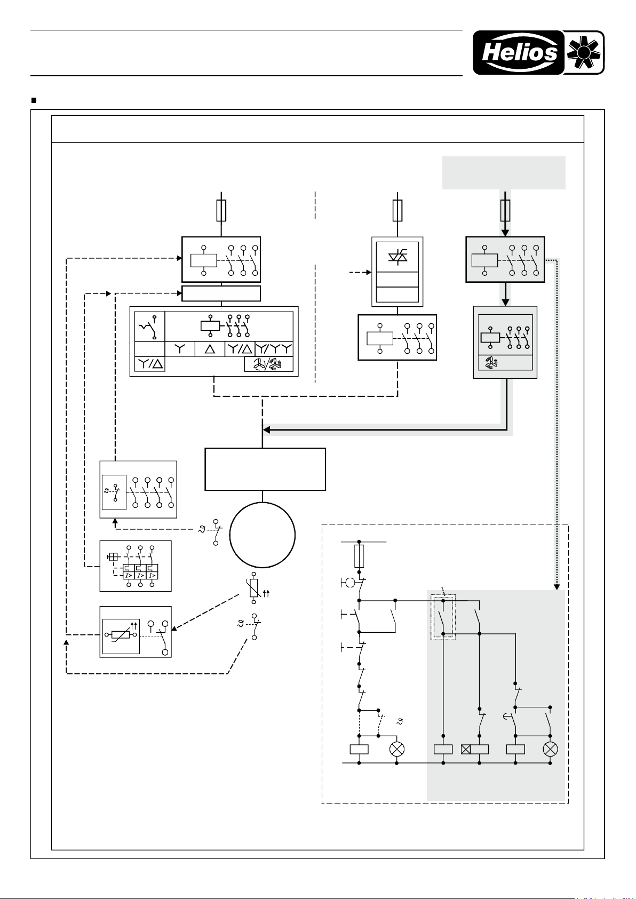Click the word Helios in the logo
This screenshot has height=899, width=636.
pyautogui.click(x=520, y=53)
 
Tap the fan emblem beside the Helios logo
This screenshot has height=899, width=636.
pyautogui.click(x=584, y=53)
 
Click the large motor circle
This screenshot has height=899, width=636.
pyautogui.click(x=263, y=535)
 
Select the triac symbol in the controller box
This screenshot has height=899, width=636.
pyautogui.click(x=397, y=255)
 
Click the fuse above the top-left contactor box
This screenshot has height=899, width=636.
pyautogui.click(x=221, y=211)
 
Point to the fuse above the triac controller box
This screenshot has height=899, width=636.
pyautogui.click(x=397, y=211)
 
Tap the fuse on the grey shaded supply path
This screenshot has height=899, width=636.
pyautogui.click(x=505, y=211)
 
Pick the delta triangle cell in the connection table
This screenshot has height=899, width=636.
pyautogui.click(x=210, y=349)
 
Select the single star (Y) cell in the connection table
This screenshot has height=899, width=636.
pyautogui.click(x=180, y=349)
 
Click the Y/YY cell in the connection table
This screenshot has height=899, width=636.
pyautogui.click(x=274, y=349)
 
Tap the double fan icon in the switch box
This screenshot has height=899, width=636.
pyautogui.click(x=268, y=364)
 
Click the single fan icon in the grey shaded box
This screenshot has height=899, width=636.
pyautogui.click(x=490, y=363)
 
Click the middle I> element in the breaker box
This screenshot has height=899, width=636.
pyautogui.click(x=140, y=572)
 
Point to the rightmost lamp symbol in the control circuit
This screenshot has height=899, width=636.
pyautogui.click(x=550, y=749)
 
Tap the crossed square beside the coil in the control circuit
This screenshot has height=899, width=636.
pyautogui.click(x=466, y=749)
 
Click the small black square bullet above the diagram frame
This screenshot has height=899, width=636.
pyautogui.click(x=34, y=100)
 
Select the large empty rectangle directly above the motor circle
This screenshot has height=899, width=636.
pyautogui.click(x=265, y=469)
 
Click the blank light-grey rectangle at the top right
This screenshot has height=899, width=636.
pyautogui.click(x=504, y=172)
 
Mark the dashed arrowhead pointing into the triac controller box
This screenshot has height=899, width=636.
pyautogui.click(x=369, y=273)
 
